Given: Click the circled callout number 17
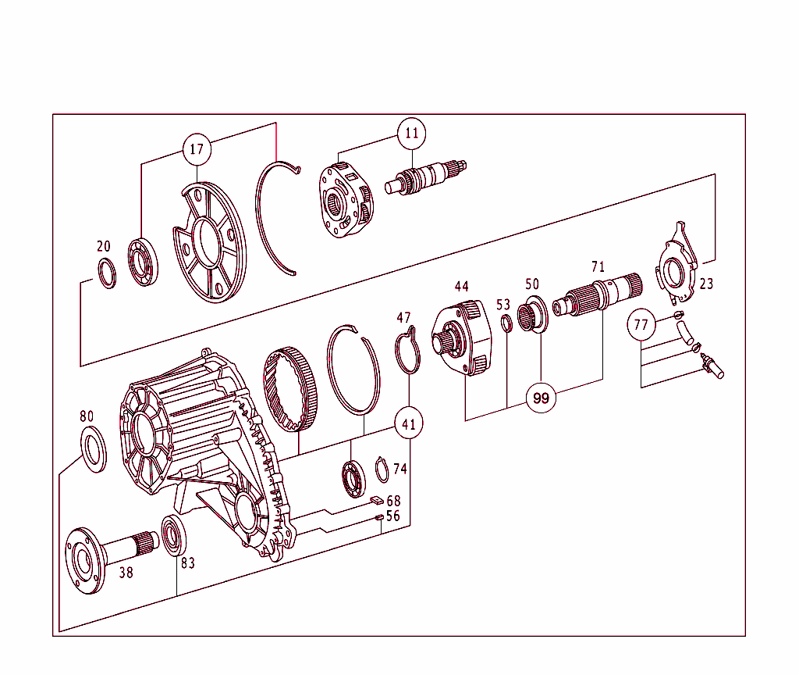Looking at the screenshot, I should coord(197,148).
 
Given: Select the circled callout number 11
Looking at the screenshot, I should coord(411,134).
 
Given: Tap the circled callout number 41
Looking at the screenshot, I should coord(408,425).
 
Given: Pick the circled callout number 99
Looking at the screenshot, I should coord(541,398).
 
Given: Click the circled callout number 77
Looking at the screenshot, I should coord(641,324).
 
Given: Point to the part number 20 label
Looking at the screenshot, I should coord(104,247).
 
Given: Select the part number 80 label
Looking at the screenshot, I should coord(86,416).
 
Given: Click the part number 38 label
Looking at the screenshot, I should coord(126,573).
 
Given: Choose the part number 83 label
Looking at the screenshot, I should coord(188,562).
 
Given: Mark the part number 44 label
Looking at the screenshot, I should coord(461,287).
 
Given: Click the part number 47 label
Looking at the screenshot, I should coord(403,318).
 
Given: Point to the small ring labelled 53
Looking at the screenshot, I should coord(506,323).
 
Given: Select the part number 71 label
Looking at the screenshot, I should coord(598,267).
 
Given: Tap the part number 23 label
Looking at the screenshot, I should coord(705,284).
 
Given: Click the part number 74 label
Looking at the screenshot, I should coord(399,469).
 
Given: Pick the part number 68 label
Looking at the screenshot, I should coord(393,500).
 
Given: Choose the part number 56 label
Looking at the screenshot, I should coord(393,516).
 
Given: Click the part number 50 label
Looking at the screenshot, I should coord(532,284).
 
